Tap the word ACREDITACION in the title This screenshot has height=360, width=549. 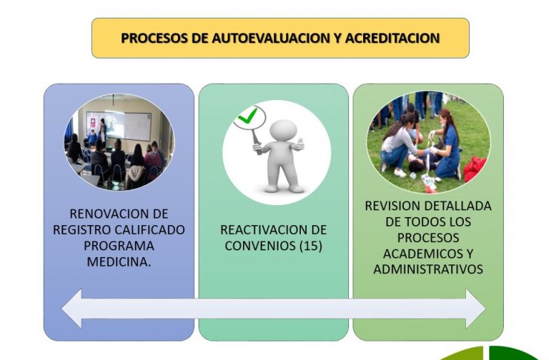pyautogui.click(x=392, y=38)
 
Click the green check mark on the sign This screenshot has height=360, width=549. pyautogui.click(x=247, y=116)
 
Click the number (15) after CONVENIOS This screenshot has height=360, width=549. pyautogui.click(x=310, y=245)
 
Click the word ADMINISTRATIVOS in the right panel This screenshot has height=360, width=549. pyautogui.click(x=427, y=270)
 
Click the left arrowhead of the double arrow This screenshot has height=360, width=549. pyautogui.click(x=73, y=309)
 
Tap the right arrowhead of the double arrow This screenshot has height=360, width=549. pyautogui.click(x=475, y=309)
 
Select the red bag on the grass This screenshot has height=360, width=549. pyautogui.click(x=474, y=169)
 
